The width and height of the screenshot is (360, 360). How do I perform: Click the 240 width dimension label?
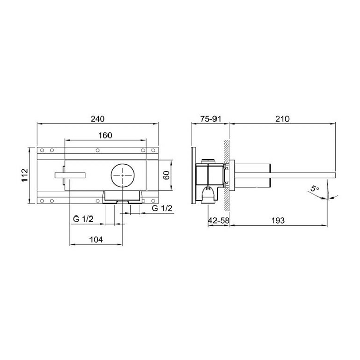[98, 119]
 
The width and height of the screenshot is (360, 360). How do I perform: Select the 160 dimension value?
[105, 135]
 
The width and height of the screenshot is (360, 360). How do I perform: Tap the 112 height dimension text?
[25, 175]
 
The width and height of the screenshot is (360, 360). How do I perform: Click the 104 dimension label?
[96, 240]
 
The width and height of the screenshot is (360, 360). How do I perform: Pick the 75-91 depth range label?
[210, 119]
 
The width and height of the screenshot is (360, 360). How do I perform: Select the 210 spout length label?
[282, 119]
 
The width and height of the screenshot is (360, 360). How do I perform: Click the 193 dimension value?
[278, 221]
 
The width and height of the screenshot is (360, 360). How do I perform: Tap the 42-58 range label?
[219, 221]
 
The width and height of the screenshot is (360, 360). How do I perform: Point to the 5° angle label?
[315, 189]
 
